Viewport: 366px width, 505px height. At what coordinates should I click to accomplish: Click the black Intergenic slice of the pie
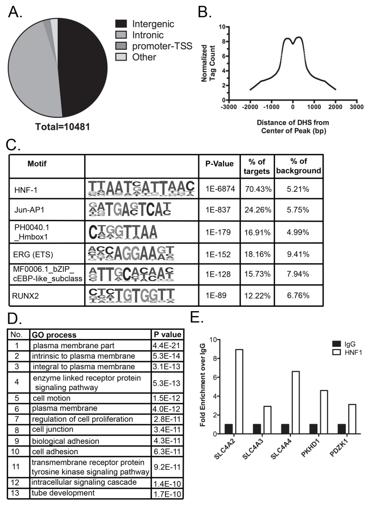tap(91, 67)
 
